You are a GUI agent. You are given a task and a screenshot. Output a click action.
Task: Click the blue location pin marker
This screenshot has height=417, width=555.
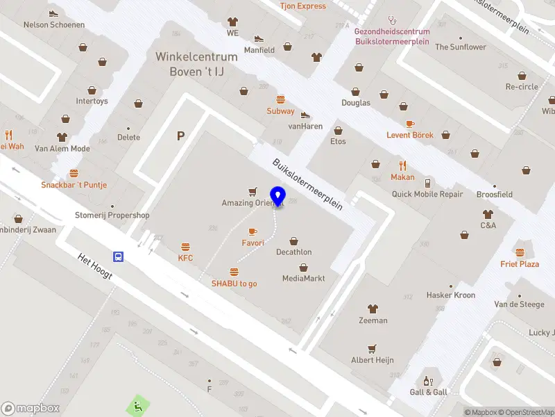point(279,196)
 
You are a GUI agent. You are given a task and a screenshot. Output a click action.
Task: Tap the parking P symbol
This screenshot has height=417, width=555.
point(181,136)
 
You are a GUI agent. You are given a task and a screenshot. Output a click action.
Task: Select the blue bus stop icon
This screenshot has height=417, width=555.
point(119,256)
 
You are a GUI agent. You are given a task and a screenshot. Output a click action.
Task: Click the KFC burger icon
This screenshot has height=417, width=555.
point(185,247)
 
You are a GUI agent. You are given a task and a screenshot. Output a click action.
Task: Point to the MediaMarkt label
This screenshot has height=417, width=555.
point(303,279)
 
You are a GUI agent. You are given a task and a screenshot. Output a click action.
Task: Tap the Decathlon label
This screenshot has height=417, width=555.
point(293,252)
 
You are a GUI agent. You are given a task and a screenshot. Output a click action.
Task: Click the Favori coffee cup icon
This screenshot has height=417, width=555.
point(253,231)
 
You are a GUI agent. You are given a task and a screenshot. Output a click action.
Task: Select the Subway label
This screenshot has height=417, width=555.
point(280,111)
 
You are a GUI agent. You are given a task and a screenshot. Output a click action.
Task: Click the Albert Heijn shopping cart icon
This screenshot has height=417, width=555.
point(373,348)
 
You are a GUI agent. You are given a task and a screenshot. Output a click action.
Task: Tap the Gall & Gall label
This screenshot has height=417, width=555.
point(428,392)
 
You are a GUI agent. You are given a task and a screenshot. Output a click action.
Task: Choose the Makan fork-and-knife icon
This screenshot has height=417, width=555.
point(402,165)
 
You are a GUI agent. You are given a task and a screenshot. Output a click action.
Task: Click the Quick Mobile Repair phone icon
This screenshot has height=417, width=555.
point(427,183)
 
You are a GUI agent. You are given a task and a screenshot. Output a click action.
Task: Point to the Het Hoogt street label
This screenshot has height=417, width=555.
point(95,267)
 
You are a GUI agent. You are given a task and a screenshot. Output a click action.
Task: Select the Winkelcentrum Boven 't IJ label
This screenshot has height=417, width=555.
point(196,64)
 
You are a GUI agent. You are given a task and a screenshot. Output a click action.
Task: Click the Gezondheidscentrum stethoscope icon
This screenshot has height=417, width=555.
point(392,20)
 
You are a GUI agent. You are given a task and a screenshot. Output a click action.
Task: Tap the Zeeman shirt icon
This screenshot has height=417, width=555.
point(373,309)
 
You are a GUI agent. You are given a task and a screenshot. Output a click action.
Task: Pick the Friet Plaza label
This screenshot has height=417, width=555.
point(520,264)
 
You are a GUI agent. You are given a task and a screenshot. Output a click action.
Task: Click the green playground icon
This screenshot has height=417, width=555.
point(137,404)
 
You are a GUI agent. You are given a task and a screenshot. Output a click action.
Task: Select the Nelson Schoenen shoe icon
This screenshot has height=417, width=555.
point(54,13)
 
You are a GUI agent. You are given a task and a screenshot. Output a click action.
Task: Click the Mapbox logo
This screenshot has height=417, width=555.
point(31,409)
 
